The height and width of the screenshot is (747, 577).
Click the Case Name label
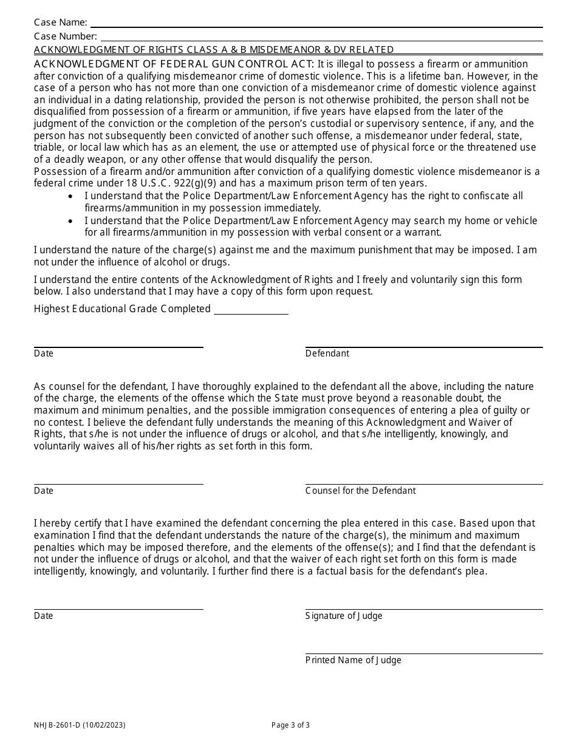(60, 22)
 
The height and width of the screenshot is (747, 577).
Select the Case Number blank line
(320, 40)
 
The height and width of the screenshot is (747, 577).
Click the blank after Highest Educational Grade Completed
(251, 313)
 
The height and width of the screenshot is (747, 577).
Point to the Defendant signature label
(327, 353)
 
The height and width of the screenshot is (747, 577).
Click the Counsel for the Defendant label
(360, 491)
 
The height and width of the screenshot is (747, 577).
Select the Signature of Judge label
(344, 616)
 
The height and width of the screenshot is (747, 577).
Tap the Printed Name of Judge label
(353, 660)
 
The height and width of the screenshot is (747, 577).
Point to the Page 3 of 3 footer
(290, 725)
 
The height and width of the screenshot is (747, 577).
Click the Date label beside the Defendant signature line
(44, 353)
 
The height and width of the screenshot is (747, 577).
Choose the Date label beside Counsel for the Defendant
(44, 491)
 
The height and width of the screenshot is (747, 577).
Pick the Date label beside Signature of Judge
(44, 616)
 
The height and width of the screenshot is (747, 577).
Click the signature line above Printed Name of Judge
(423, 653)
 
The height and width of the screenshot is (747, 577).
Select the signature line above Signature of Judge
(423, 609)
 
